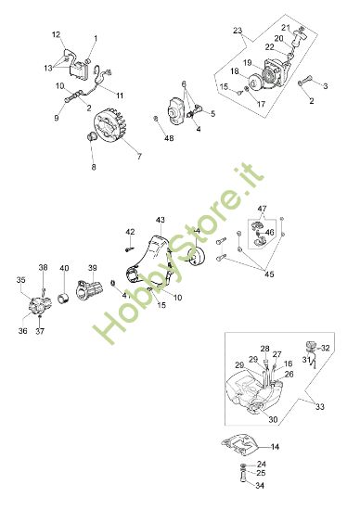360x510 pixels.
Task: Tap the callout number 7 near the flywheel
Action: click(x=139, y=157)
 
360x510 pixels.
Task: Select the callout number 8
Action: click(x=93, y=167)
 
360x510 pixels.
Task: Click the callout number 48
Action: click(x=169, y=138)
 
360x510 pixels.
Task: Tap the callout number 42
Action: click(x=130, y=231)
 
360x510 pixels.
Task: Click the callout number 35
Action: click(x=21, y=279)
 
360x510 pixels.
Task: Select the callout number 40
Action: click(x=64, y=268)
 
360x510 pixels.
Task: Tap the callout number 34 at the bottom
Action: click(x=261, y=485)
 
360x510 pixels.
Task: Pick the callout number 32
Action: click(x=326, y=348)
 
